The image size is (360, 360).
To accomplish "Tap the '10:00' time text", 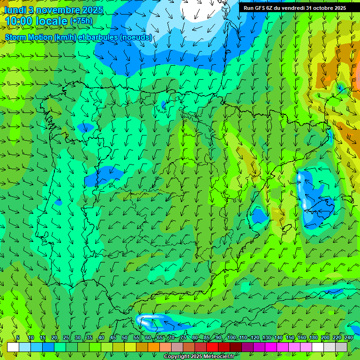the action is point(19,21).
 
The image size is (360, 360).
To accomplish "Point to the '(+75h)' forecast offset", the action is point(81,21).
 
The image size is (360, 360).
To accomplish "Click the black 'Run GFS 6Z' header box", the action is point(294,7).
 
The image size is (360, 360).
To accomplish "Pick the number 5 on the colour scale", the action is point(18,338).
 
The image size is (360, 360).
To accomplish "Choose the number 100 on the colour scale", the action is point(231,338).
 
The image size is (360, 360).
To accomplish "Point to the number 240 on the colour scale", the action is point(349,338).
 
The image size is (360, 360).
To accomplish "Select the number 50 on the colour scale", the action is point(125,338).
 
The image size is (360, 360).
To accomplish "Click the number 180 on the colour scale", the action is point(314,338).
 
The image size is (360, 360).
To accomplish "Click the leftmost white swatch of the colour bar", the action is point(13,347).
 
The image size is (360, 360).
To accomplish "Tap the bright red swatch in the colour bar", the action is point(212,347).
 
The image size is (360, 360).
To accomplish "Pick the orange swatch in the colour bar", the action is point(154,347).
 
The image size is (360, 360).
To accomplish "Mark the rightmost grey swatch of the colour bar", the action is point(341,347).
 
